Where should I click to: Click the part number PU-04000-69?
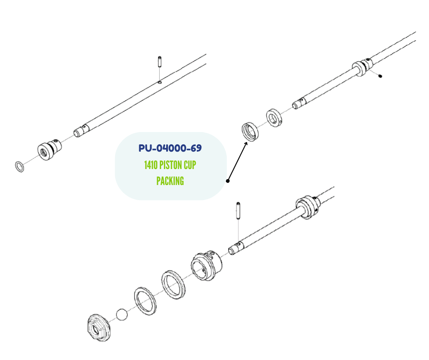[170, 148]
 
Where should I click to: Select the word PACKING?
[170, 181]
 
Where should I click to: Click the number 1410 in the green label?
[151, 165]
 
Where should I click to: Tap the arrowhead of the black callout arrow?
[246, 143]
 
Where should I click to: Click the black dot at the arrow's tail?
[228, 181]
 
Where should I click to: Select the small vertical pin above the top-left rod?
[160, 62]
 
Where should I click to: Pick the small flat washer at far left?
[20, 167]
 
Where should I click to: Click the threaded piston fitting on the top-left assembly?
[49, 149]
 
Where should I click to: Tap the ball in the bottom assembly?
[122, 314]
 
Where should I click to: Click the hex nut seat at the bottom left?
[99, 328]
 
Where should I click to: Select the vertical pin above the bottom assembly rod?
[238, 211]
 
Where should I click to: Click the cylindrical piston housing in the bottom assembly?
[207, 265]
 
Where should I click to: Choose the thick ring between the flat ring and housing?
[173, 285]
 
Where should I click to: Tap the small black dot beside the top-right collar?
[380, 76]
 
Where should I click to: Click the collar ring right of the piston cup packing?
[274, 118]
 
